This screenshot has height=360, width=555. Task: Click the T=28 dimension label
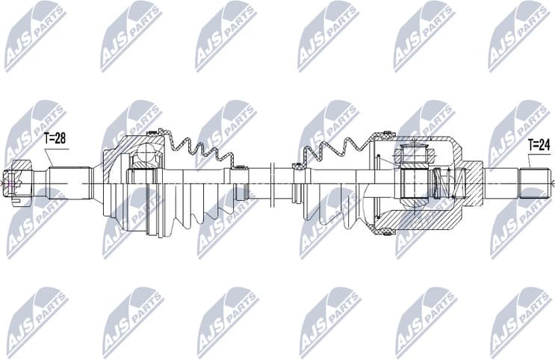(x=55, y=138)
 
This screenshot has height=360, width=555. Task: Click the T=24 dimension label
(x=539, y=143)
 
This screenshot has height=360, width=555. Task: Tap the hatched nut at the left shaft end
(x=16, y=181)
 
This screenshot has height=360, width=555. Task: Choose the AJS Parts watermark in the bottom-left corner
(x=34, y=321)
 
